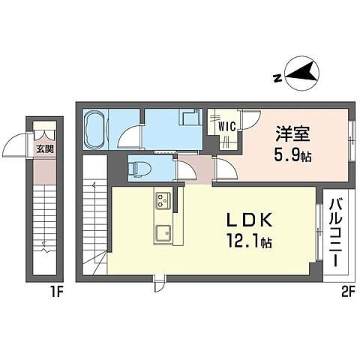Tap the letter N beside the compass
click(x=277, y=77)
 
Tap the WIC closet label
click(x=227, y=127)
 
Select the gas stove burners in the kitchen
click(x=163, y=201)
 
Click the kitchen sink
click(x=161, y=234)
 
